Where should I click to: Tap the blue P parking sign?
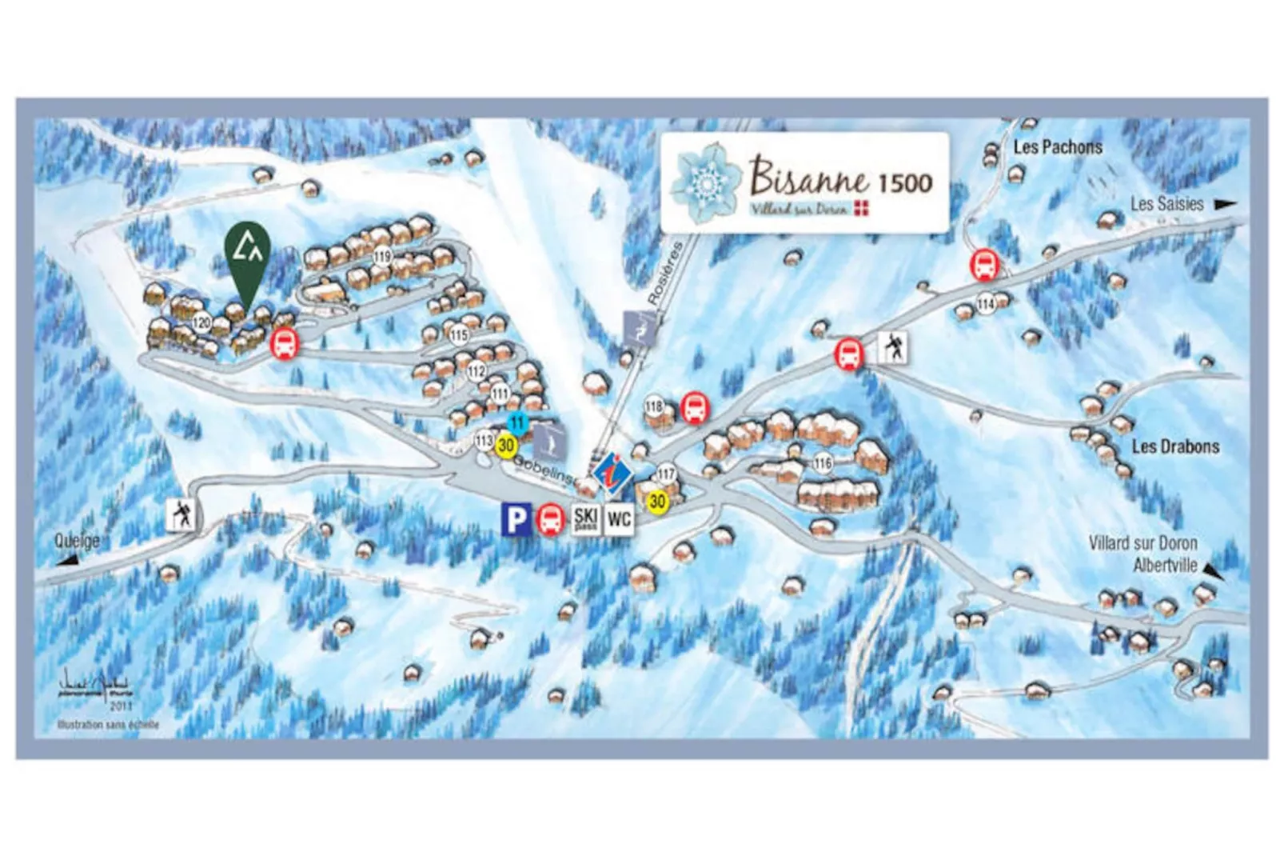tap(516, 519)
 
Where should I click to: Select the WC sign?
tap(619, 519)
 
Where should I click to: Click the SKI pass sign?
tap(585, 519)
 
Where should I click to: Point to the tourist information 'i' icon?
tap(612, 472)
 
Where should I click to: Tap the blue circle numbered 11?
tap(517, 423)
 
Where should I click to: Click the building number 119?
tap(382, 257)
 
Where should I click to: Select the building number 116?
tap(823, 463)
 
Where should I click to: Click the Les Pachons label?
tap(1057, 147)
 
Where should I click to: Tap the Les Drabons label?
tap(1174, 446)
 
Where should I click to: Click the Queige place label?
tap(77, 540)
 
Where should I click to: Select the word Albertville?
tap(1165, 565)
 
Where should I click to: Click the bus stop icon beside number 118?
tap(695, 408)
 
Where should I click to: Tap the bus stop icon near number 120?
tap(283, 344)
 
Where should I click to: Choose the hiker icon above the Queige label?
tap(181, 514)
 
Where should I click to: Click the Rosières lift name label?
tap(666, 273)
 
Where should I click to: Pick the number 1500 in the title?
tap(905, 182)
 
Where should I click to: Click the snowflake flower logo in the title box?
tap(705, 181)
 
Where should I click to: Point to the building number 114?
tap(986, 305)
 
